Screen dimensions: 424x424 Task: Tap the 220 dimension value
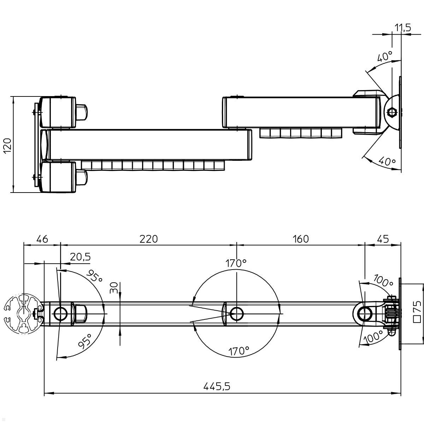pyautogui.click(x=148, y=239)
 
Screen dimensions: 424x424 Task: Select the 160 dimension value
pyautogui.click(x=301, y=239)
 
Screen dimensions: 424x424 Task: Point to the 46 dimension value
pyautogui.click(x=42, y=239)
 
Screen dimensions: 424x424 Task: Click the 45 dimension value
pyautogui.click(x=383, y=239)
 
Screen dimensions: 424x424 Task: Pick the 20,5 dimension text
pyautogui.click(x=80, y=257)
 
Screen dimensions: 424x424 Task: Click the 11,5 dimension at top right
pyautogui.click(x=402, y=28)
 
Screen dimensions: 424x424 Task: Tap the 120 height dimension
pyautogui.click(x=8, y=145)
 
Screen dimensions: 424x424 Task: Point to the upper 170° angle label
pyautogui.click(x=236, y=263)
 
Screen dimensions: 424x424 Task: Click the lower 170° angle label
pyautogui.click(x=238, y=351)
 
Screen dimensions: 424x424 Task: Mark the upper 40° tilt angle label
pyautogui.click(x=384, y=57)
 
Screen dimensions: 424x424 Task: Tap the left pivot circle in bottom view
pyautogui.click(x=61, y=313)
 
